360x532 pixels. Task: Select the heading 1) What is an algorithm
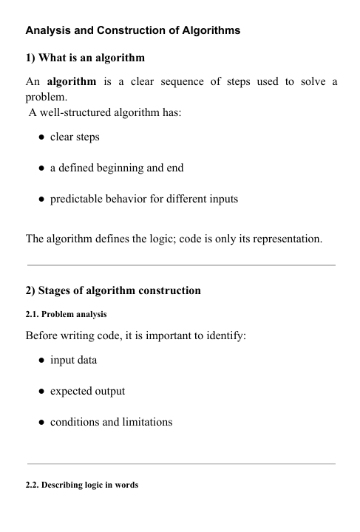(85, 58)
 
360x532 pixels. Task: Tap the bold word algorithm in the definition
(75, 81)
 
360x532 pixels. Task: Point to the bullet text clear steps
(75, 137)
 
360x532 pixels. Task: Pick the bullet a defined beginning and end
(117, 168)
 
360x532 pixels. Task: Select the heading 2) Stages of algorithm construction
(113, 290)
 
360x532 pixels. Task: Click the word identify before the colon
(255, 335)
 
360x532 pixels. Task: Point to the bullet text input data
(73, 360)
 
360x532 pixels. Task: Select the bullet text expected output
(87, 391)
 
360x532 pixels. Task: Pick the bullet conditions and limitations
(111, 422)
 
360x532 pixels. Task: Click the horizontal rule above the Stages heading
(180, 265)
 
